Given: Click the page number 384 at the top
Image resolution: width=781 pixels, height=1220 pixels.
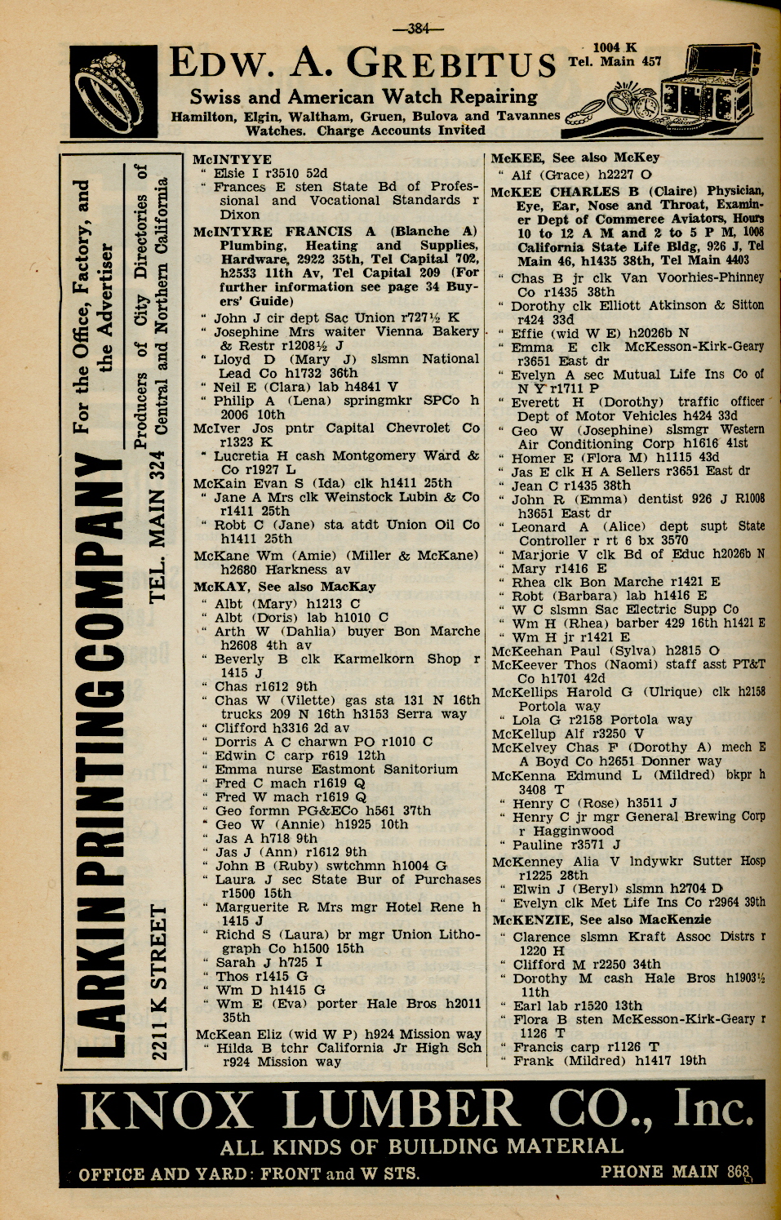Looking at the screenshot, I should coord(418,29).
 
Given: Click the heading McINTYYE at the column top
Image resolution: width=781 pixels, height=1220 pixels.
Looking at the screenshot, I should coord(232,160).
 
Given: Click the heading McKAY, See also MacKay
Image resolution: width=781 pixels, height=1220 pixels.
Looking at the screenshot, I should coord(284,586).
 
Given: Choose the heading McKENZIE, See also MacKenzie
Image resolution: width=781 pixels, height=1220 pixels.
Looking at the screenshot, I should coord(601,919).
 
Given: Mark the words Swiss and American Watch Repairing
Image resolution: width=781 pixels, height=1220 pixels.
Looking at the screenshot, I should coord(363,96).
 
